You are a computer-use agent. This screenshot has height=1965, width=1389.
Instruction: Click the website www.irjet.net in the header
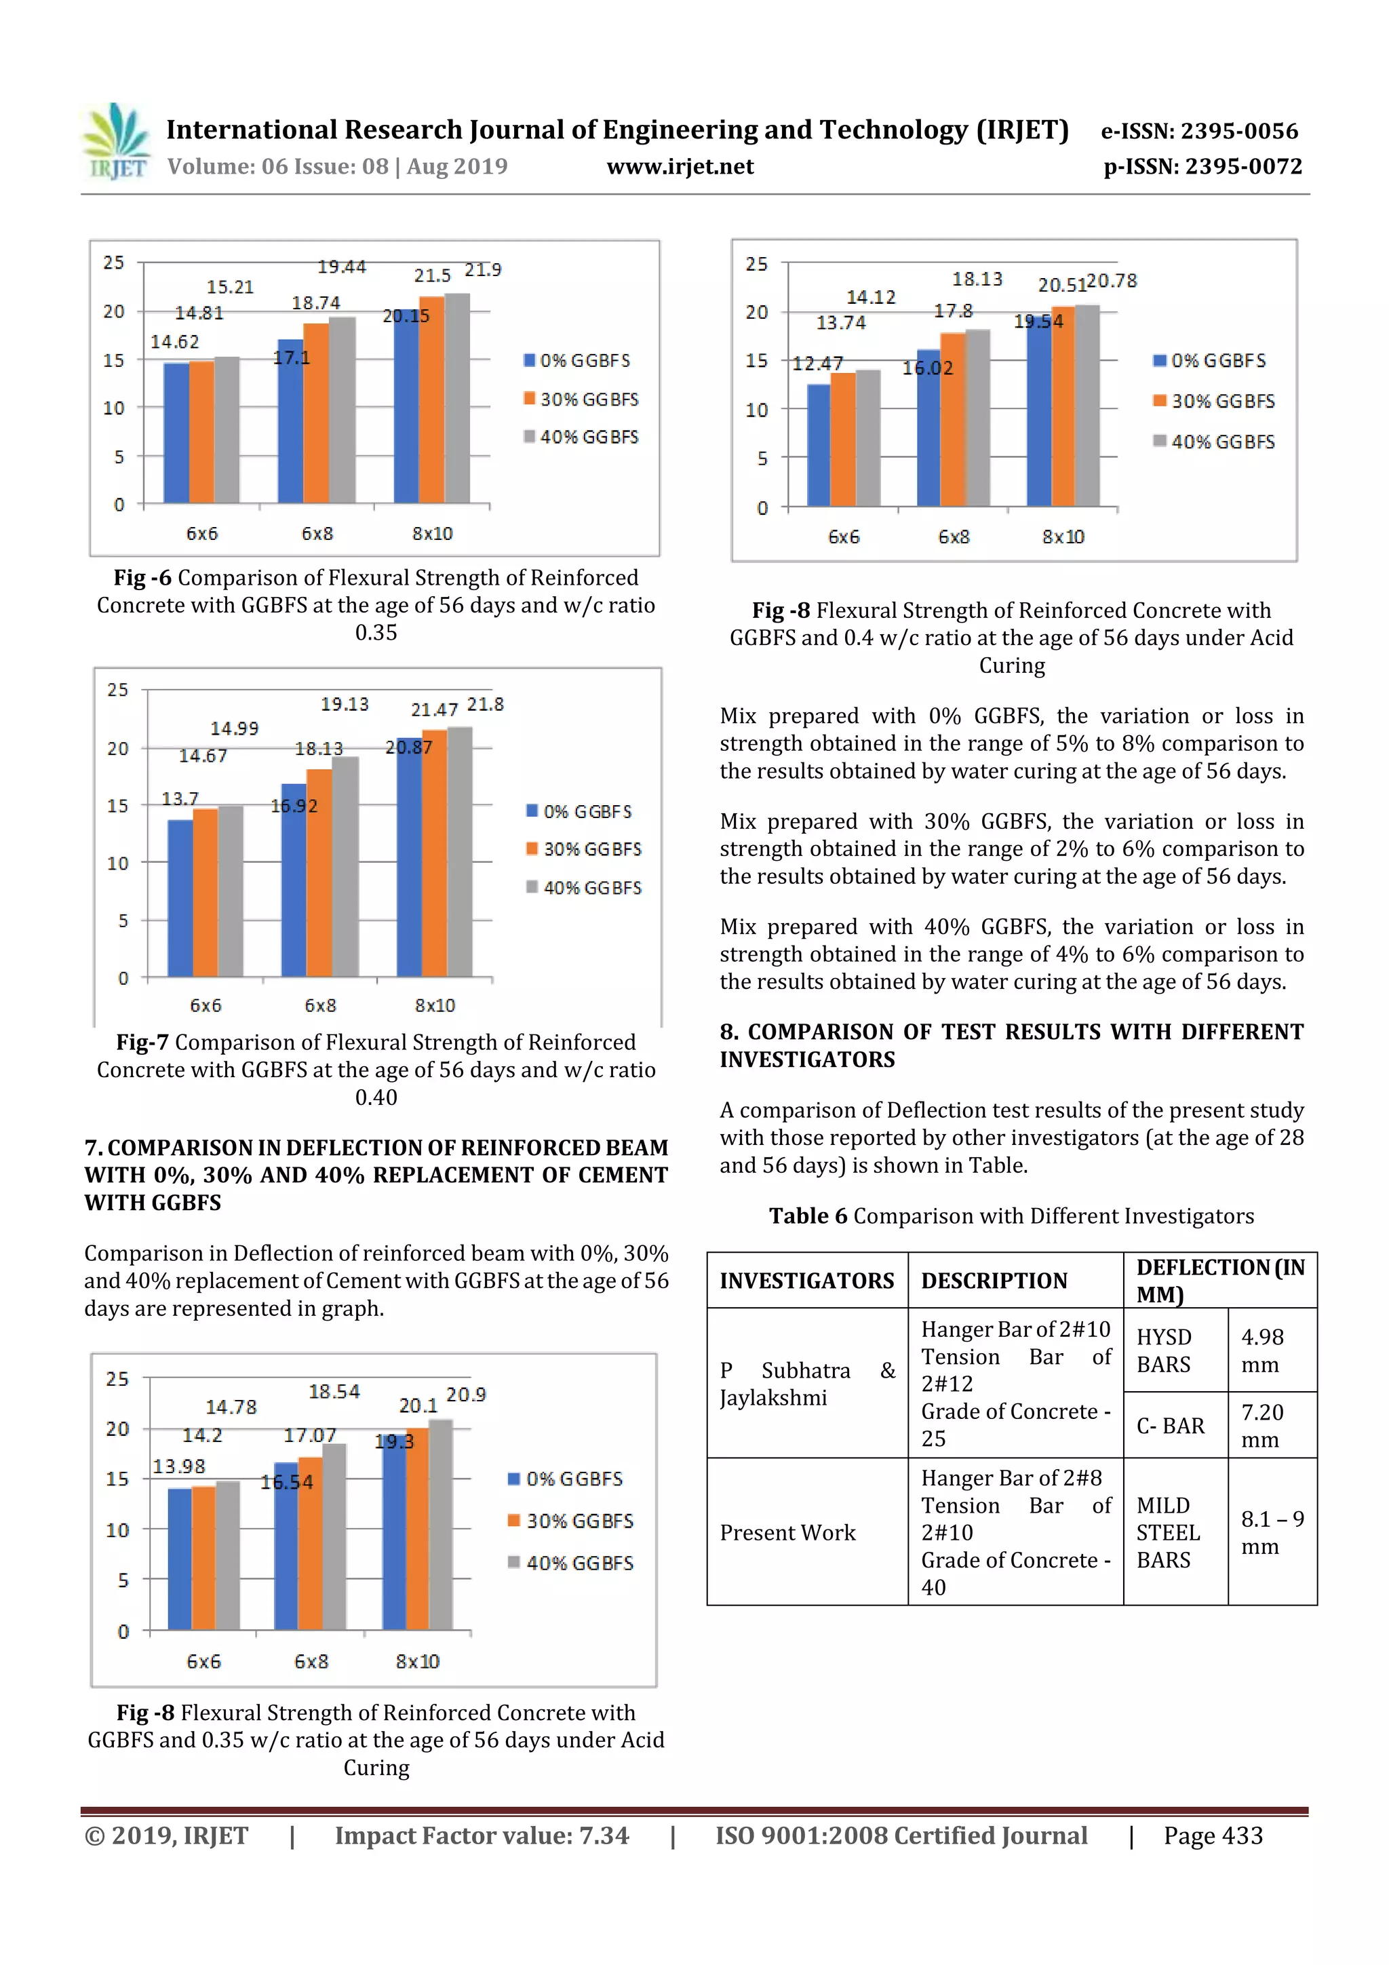pos(680,166)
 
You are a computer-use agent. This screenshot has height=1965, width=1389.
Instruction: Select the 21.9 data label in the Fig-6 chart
pos(483,269)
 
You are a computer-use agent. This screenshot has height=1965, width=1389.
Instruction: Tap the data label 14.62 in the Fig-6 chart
pos(174,341)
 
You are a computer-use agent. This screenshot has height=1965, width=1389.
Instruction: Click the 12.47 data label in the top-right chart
pos(817,364)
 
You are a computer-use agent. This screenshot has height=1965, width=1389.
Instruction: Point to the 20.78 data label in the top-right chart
pos(1112,281)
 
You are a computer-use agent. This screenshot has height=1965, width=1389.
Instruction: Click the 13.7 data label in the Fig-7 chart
pos(180,798)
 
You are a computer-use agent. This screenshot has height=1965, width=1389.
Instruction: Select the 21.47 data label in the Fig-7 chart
pos(435,709)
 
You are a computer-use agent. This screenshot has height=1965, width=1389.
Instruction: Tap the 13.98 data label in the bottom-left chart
pos(179,1466)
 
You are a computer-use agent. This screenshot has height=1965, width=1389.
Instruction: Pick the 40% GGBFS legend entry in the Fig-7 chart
pos(585,887)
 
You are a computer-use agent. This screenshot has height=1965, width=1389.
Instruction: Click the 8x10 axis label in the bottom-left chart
pos(418,1661)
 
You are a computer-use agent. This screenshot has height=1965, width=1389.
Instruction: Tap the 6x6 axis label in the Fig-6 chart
pos(202,533)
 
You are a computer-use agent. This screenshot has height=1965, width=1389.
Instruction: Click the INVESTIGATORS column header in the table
pos(806,1281)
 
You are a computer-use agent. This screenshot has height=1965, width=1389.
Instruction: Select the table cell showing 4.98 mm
pos(1262,1350)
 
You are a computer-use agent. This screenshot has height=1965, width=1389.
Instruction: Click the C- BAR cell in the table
pos(1170,1425)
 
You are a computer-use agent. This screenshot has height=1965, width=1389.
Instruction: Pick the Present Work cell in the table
pos(787,1532)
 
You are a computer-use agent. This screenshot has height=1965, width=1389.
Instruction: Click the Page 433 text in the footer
pos(1213,1835)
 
